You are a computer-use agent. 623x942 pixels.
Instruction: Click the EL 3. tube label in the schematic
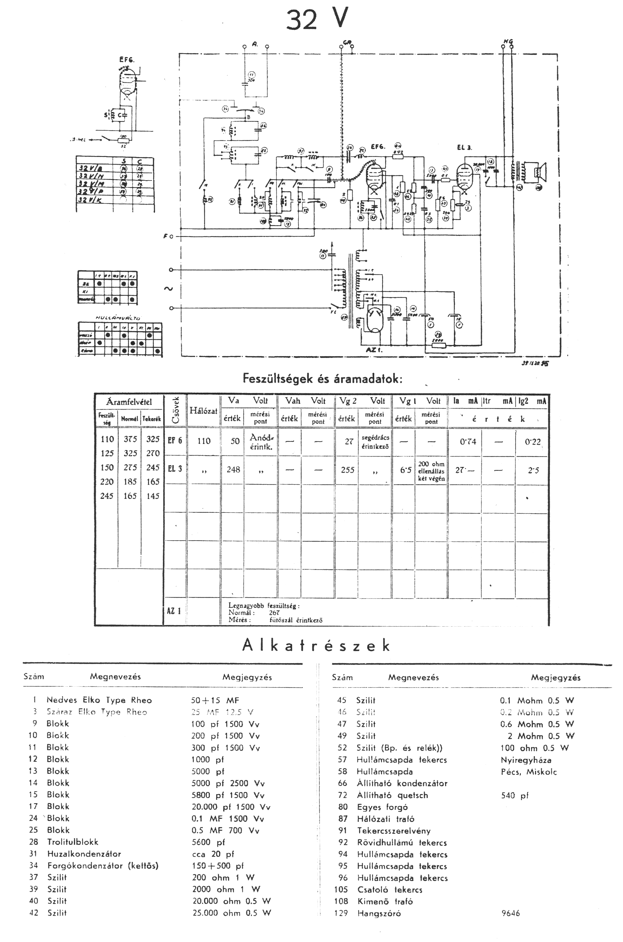tap(464, 148)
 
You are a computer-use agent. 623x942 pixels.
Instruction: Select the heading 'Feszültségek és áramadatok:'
tap(323, 378)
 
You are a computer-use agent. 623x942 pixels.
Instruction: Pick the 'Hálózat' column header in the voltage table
tap(204, 411)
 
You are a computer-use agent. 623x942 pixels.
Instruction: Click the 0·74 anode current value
tap(468, 441)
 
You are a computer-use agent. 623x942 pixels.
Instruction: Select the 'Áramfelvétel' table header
tap(129, 402)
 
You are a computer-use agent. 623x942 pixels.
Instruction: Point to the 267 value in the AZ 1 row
tap(274, 613)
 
